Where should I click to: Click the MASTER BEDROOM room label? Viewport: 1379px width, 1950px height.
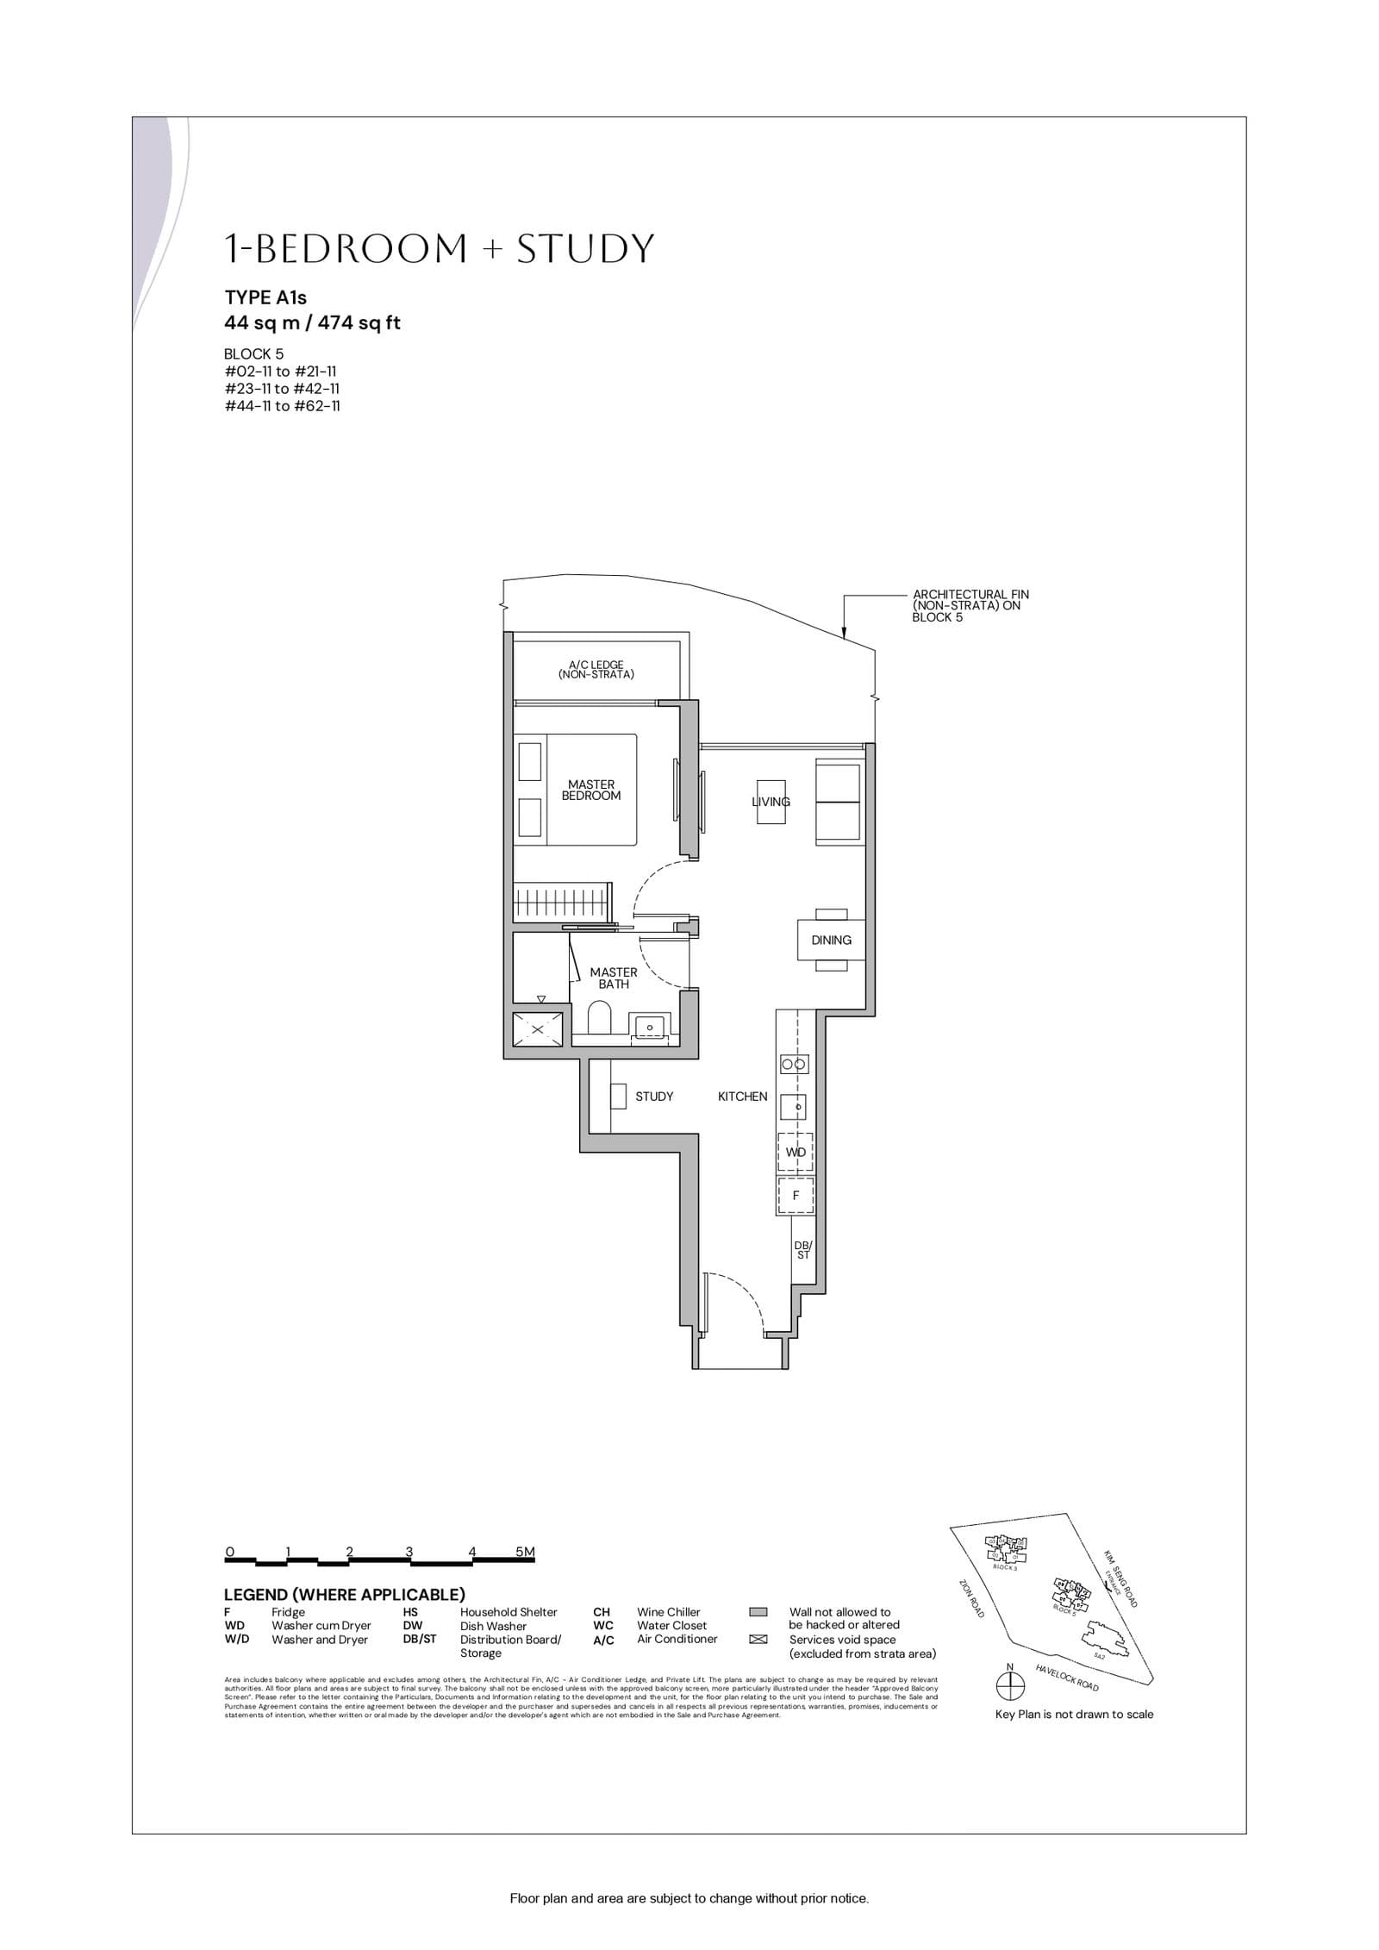(591, 790)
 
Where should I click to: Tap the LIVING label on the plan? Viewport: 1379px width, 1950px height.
(771, 802)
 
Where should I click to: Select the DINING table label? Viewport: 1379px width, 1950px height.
(831, 940)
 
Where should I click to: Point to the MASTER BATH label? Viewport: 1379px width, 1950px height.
(614, 978)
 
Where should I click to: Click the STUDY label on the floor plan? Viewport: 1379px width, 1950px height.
(654, 1097)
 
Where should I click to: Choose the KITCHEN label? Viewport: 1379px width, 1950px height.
(742, 1097)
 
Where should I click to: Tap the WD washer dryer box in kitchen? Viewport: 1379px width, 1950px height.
(796, 1152)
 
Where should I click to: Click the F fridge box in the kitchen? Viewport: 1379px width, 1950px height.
(796, 1196)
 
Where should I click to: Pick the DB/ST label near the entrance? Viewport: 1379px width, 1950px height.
(803, 1250)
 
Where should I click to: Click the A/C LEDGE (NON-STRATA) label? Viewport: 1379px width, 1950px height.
(596, 670)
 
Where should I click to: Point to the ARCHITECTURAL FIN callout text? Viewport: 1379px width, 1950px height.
(970, 605)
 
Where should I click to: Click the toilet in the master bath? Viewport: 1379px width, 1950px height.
(600, 1019)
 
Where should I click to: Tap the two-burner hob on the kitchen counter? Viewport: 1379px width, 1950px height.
(794, 1065)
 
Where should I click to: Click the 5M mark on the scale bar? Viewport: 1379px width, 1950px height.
(525, 1552)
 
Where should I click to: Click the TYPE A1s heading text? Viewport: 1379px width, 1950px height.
(265, 297)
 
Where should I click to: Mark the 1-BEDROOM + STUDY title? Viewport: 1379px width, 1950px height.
(440, 249)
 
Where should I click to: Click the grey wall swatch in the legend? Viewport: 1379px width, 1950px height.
(758, 1612)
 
